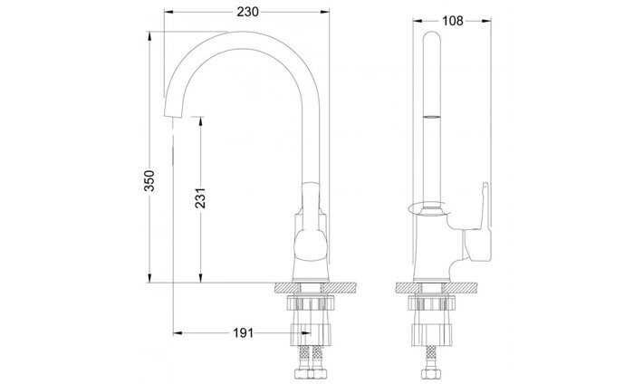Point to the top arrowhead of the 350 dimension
150,36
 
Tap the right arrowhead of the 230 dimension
322,11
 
